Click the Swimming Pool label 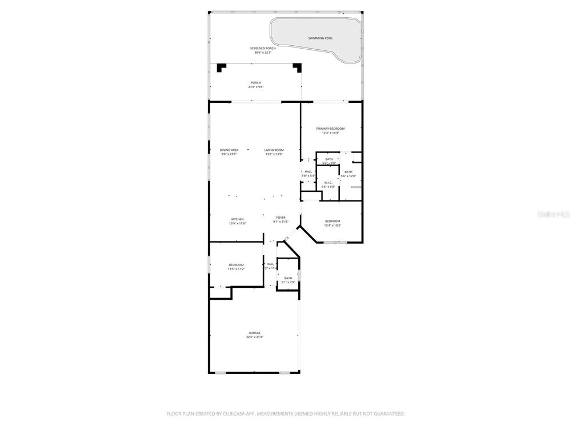(x=320, y=38)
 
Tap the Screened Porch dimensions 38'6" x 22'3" (x=263, y=53)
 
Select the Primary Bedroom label (x=330, y=129)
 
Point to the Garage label (x=254, y=333)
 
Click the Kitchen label (x=237, y=219)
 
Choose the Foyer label (x=281, y=217)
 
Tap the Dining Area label (x=229, y=150)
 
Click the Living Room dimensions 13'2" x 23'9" (x=274, y=154)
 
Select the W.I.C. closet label (x=328, y=183)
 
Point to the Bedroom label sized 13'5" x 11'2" (x=236, y=265)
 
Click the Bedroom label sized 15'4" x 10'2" (x=333, y=221)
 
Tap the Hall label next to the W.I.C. (x=308, y=172)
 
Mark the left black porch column (x=221, y=67)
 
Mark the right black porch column (x=298, y=67)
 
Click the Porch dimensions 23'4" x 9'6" (x=256, y=87)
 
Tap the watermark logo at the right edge (x=553, y=215)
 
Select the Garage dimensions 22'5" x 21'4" (x=254, y=337)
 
